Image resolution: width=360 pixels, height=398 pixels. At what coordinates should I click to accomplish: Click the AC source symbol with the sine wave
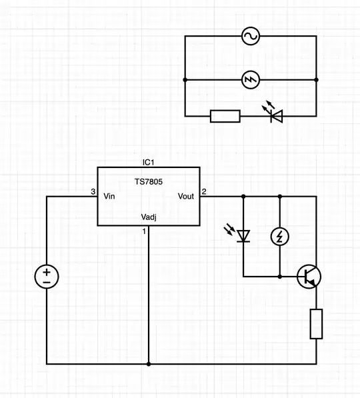pos(251,36)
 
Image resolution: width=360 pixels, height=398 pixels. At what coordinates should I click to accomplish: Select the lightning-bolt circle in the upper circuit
pos(251,80)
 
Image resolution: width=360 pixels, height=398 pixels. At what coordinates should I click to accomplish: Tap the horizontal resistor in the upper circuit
pos(225,116)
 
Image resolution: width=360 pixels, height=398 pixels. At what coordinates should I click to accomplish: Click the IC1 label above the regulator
pos(149,163)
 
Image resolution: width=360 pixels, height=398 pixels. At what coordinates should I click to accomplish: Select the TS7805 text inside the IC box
pos(149,181)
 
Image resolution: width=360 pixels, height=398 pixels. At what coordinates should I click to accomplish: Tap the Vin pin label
pos(109,196)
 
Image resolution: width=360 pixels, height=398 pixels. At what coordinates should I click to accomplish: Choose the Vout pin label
pos(186,196)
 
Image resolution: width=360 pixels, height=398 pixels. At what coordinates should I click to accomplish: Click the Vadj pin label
pos(149,217)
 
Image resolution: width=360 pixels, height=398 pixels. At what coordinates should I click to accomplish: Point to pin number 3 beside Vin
pos(93,192)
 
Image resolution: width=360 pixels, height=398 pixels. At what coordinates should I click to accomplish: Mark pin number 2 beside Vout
pos(204,192)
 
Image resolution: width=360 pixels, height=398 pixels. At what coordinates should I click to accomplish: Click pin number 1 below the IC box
pos(143,231)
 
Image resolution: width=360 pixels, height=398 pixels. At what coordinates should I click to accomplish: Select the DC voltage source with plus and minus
pos(47,276)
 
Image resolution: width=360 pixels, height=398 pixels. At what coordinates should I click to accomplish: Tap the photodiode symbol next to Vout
pos(243,235)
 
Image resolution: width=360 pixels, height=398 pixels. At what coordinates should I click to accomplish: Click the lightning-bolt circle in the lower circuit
pos(280,236)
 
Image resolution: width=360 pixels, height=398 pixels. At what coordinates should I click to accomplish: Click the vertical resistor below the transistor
pos(317,324)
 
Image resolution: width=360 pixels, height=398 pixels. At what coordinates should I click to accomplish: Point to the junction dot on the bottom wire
pos(148,364)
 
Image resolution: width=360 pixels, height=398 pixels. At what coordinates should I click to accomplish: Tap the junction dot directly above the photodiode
pos(243,197)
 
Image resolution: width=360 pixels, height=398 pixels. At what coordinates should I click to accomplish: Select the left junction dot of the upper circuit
pos(184,80)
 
